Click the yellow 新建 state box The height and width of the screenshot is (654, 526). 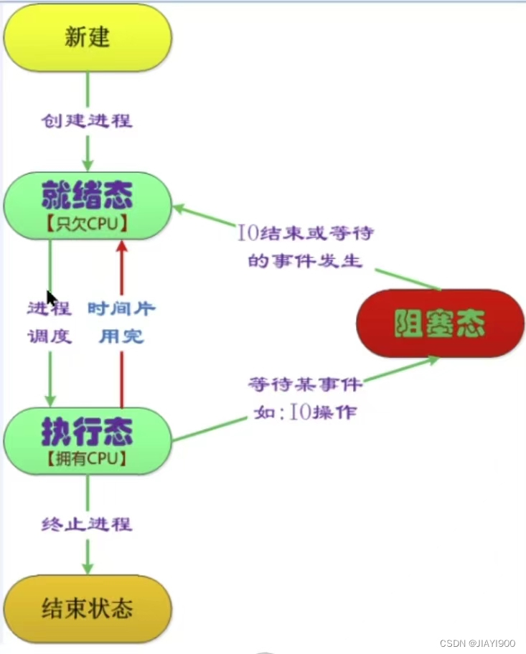[88, 38]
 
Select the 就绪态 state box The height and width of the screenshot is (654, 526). [87, 205]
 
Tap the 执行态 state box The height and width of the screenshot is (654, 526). [87, 440]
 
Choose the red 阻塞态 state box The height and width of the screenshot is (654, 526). [441, 325]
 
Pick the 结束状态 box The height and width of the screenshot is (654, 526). [88, 609]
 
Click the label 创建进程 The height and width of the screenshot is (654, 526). [87, 120]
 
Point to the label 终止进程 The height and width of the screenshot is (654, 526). [87, 523]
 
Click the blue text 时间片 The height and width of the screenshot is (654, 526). [121, 308]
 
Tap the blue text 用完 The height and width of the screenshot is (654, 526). [121, 336]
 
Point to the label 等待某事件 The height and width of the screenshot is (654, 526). [306, 384]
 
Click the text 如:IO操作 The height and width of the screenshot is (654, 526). [306, 412]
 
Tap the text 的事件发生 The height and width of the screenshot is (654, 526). [306, 260]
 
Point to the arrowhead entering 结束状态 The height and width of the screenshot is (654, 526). [88, 567]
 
